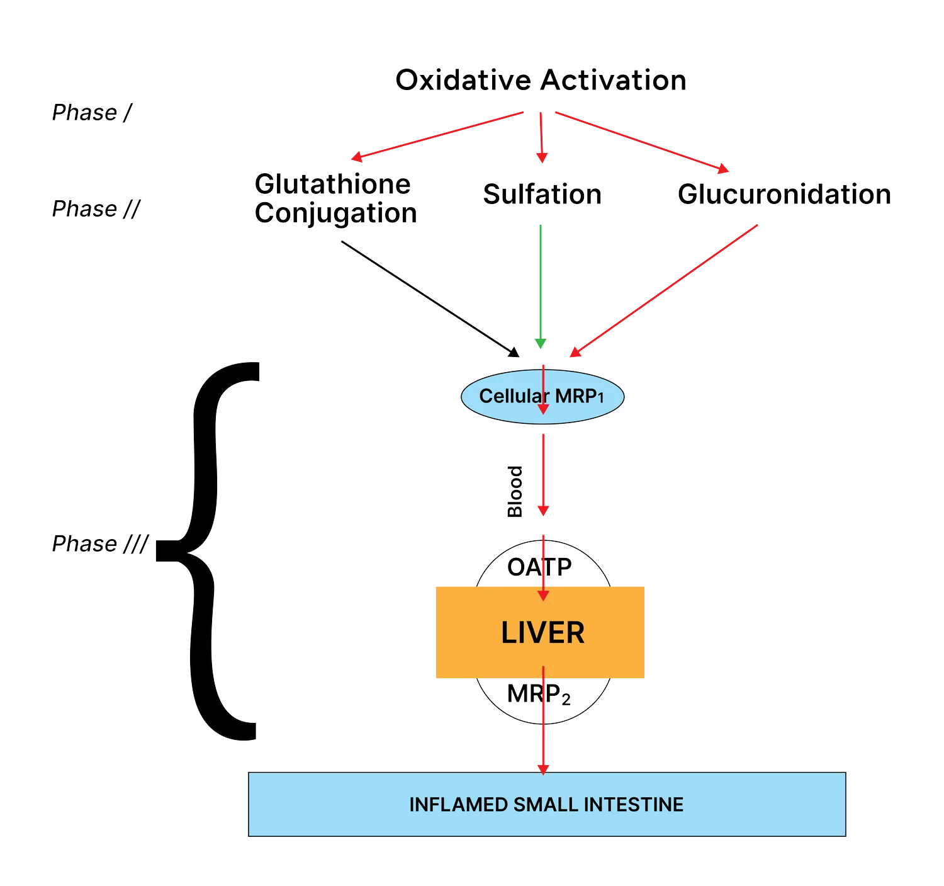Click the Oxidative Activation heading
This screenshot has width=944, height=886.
point(541,80)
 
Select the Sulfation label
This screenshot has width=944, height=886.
point(542,194)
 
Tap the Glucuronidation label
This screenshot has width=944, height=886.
point(784,194)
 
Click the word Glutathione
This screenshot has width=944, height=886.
point(332,184)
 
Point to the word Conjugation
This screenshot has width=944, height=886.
point(335,213)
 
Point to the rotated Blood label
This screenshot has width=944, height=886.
point(515,492)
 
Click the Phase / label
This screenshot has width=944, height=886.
point(92,113)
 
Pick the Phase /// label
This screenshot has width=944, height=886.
point(100,543)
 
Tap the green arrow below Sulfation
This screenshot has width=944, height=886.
point(541,283)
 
